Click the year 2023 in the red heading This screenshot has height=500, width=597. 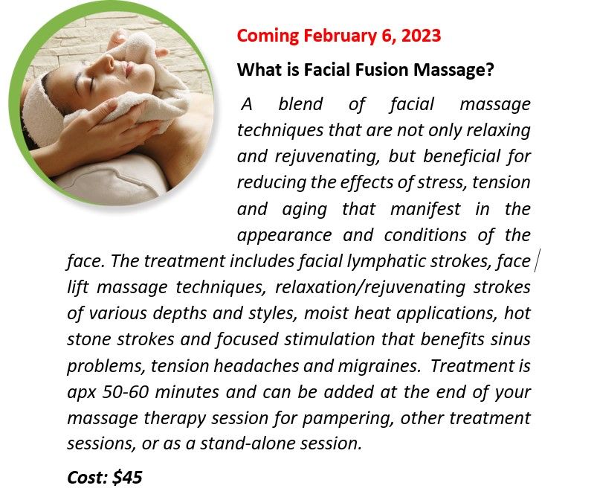(x=421, y=36)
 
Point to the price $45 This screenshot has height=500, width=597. (x=128, y=477)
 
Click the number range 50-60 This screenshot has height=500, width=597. (x=124, y=392)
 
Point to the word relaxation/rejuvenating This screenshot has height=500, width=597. (x=370, y=288)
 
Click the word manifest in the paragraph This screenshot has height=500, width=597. (x=425, y=209)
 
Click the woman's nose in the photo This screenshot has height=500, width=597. (x=108, y=61)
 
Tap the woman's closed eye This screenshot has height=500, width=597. (x=91, y=83)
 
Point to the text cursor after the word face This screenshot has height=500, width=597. (x=536, y=262)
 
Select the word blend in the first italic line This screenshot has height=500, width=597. (x=300, y=104)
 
